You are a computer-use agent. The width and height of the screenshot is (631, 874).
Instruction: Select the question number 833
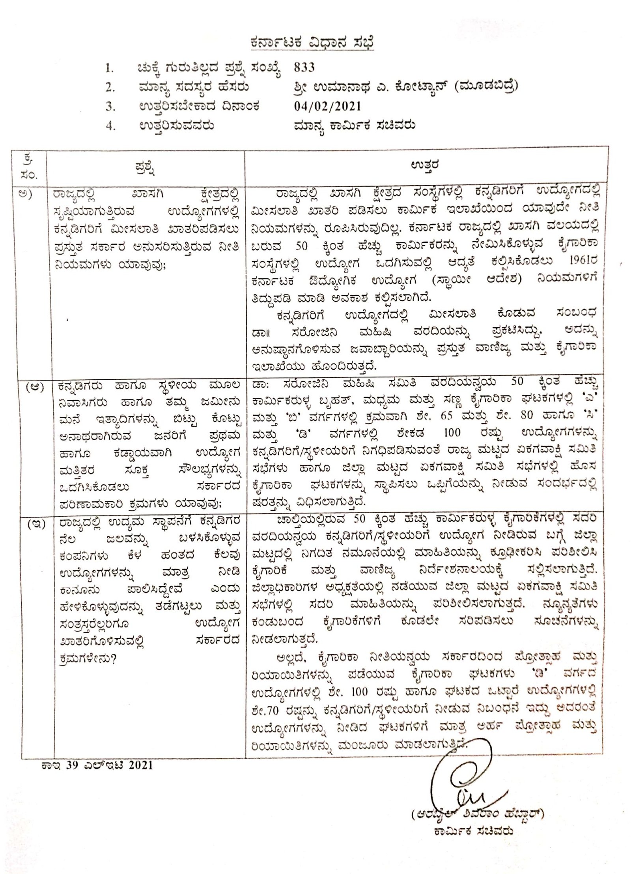(x=304, y=68)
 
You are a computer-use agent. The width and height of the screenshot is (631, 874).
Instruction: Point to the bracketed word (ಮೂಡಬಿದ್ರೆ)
(x=485, y=86)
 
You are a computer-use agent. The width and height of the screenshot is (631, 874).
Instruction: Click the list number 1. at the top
(x=109, y=68)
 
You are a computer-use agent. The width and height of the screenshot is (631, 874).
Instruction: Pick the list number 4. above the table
(x=110, y=126)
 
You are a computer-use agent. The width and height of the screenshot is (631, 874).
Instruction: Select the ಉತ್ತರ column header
(x=425, y=165)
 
